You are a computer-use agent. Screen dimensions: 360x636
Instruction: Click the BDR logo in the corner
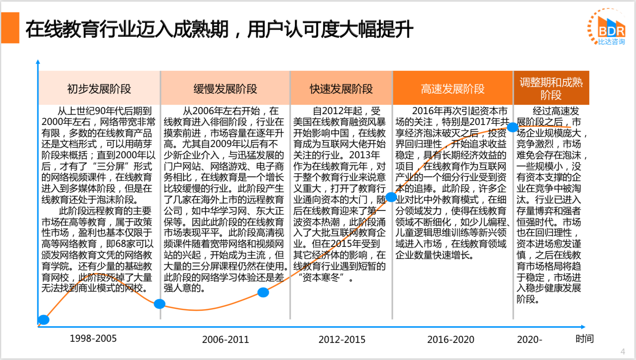tap(607, 27)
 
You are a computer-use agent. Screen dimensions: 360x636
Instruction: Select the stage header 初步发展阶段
tap(99, 89)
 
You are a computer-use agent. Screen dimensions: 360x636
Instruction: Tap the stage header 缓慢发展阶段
tap(225, 89)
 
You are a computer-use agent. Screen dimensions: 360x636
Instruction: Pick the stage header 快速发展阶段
tap(341, 89)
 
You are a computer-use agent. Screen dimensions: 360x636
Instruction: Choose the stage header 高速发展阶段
tap(453, 89)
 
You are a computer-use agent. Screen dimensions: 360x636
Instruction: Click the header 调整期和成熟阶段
tap(551, 88)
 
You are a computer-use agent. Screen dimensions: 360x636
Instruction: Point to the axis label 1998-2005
tap(93, 338)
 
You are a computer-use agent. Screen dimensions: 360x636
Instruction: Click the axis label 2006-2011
tap(226, 339)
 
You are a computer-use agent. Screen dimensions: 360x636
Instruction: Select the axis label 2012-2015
tap(342, 339)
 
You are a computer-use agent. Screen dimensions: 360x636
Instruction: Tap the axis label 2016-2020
tap(451, 339)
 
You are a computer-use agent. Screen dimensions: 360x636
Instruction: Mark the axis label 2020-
tap(530, 339)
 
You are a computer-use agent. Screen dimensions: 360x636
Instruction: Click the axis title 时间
tap(584, 339)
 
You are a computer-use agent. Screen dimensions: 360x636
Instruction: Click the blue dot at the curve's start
tap(44, 320)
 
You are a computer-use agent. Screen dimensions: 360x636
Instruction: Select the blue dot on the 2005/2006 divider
tap(159, 304)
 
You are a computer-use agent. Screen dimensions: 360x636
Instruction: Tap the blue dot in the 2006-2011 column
tap(263, 292)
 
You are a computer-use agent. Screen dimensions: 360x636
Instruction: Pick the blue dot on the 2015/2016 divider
tap(392, 197)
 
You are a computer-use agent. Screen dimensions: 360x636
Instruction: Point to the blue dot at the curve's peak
tap(513, 127)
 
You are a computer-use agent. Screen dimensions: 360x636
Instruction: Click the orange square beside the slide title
tap(10, 27)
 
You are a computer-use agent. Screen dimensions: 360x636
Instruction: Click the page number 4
tap(622, 351)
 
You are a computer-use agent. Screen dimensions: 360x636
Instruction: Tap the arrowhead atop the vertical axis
tap(38, 62)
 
